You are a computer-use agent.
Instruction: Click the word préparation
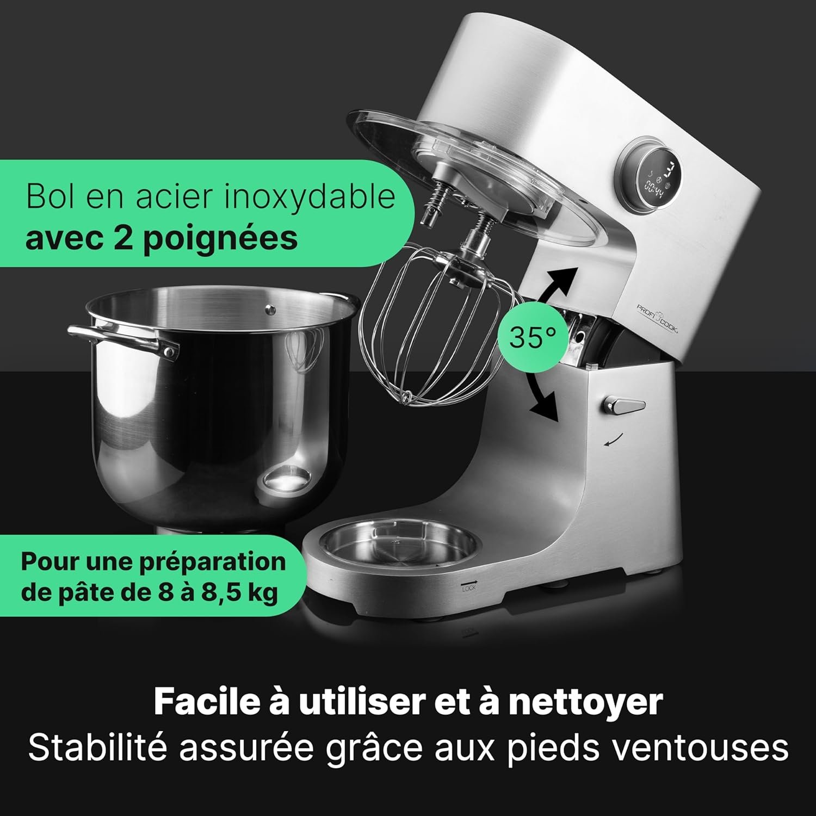[x=213, y=561]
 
